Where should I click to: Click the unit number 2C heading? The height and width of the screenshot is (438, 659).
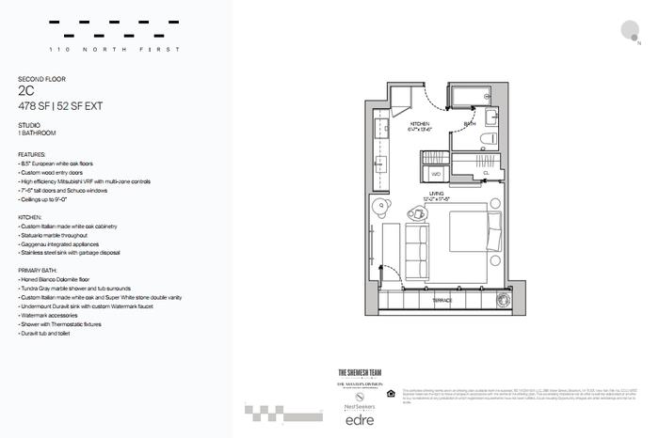click(26, 92)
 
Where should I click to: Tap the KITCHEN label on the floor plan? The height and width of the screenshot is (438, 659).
click(421, 124)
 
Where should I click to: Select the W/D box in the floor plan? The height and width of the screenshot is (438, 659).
click(437, 174)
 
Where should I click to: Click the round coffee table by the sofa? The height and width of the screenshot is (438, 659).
click(416, 214)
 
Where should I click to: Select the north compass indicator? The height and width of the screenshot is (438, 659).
click(630, 31)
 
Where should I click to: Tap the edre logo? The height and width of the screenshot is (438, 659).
click(357, 418)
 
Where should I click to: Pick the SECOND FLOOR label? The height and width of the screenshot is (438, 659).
click(41, 79)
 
